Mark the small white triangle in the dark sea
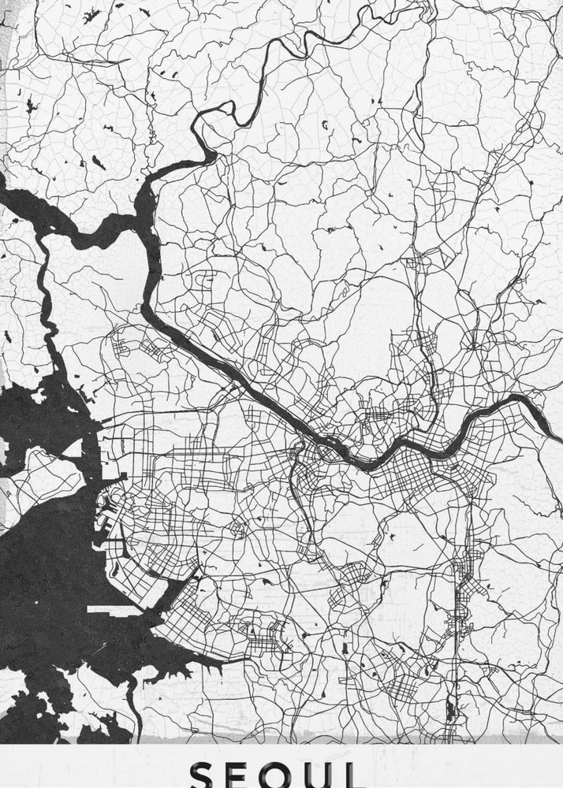pyautogui.click(x=73, y=448)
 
